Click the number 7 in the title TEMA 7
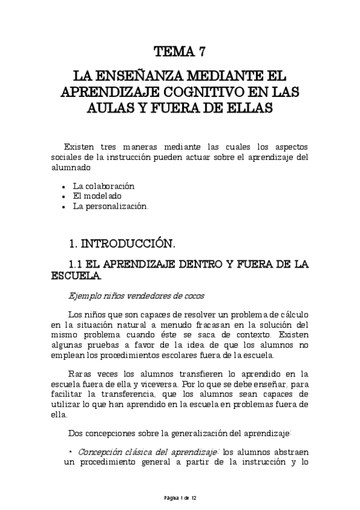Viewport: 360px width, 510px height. click(x=203, y=51)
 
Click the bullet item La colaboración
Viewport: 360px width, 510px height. click(x=104, y=186)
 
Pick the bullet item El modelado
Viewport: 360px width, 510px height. click(x=97, y=196)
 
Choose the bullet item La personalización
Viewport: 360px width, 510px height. click(x=110, y=206)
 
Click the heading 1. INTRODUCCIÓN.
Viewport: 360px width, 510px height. click(x=122, y=244)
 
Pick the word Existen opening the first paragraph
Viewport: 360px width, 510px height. click(x=81, y=148)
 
